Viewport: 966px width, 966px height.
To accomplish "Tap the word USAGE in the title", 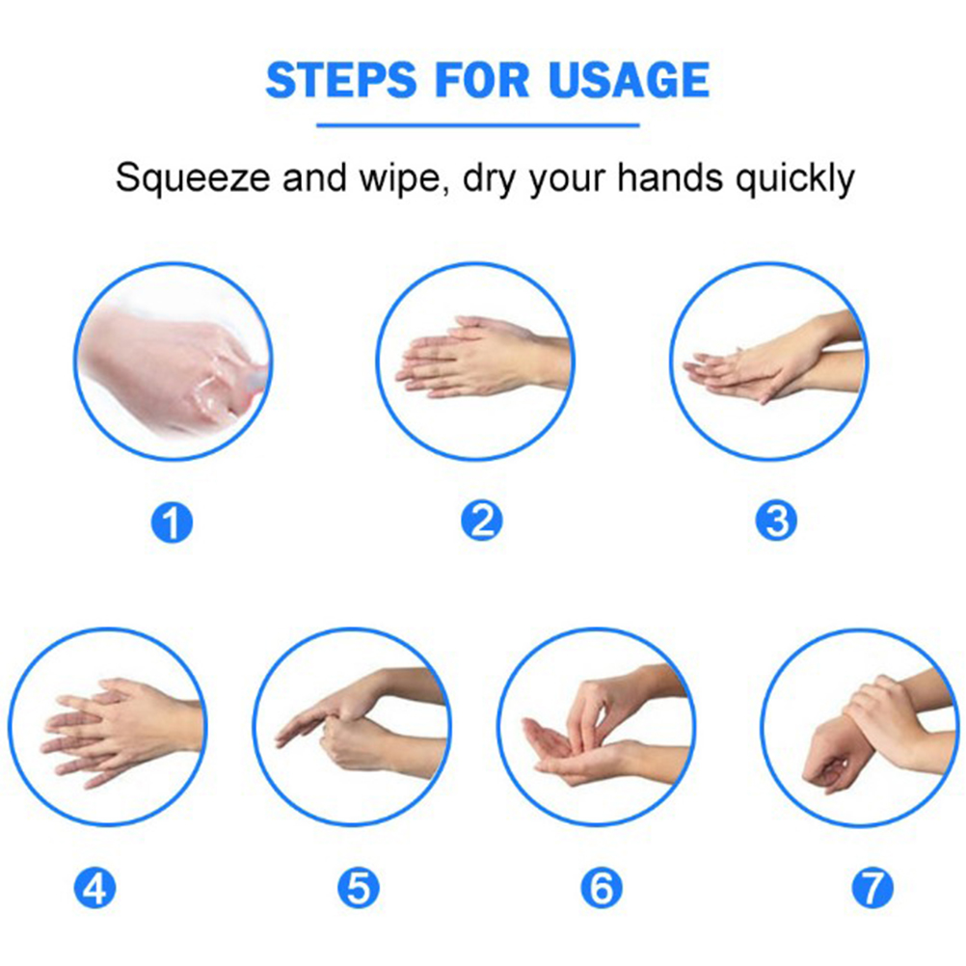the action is [x=629, y=80].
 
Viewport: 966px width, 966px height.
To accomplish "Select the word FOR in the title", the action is [x=482, y=80].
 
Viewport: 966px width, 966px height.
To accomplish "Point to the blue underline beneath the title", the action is [x=477, y=125].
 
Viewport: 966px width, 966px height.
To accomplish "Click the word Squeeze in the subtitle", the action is [x=193, y=179].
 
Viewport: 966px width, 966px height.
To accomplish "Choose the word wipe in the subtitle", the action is [x=403, y=179].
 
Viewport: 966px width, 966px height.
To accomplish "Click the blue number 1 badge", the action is [x=172, y=523].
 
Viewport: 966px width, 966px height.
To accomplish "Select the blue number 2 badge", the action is [x=482, y=521].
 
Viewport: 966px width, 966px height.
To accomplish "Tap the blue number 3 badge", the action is [x=776, y=521].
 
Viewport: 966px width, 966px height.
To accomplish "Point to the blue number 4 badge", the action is [x=94, y=888].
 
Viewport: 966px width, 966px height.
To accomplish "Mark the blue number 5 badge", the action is [x=358, y=888].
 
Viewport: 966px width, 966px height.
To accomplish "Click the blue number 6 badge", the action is [x=602, y=888].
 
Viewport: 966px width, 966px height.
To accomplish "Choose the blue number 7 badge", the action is [x=872, y=888].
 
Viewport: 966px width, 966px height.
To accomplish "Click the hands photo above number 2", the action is [x=475, y=362].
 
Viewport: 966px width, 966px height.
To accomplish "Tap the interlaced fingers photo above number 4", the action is [x=108, y=727].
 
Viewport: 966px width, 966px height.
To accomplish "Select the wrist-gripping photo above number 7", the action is [x=860, y=727].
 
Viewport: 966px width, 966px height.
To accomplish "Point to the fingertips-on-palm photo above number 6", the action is [x=597, y=727].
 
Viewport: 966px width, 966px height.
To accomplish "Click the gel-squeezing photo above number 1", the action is [x=174, y=362].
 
